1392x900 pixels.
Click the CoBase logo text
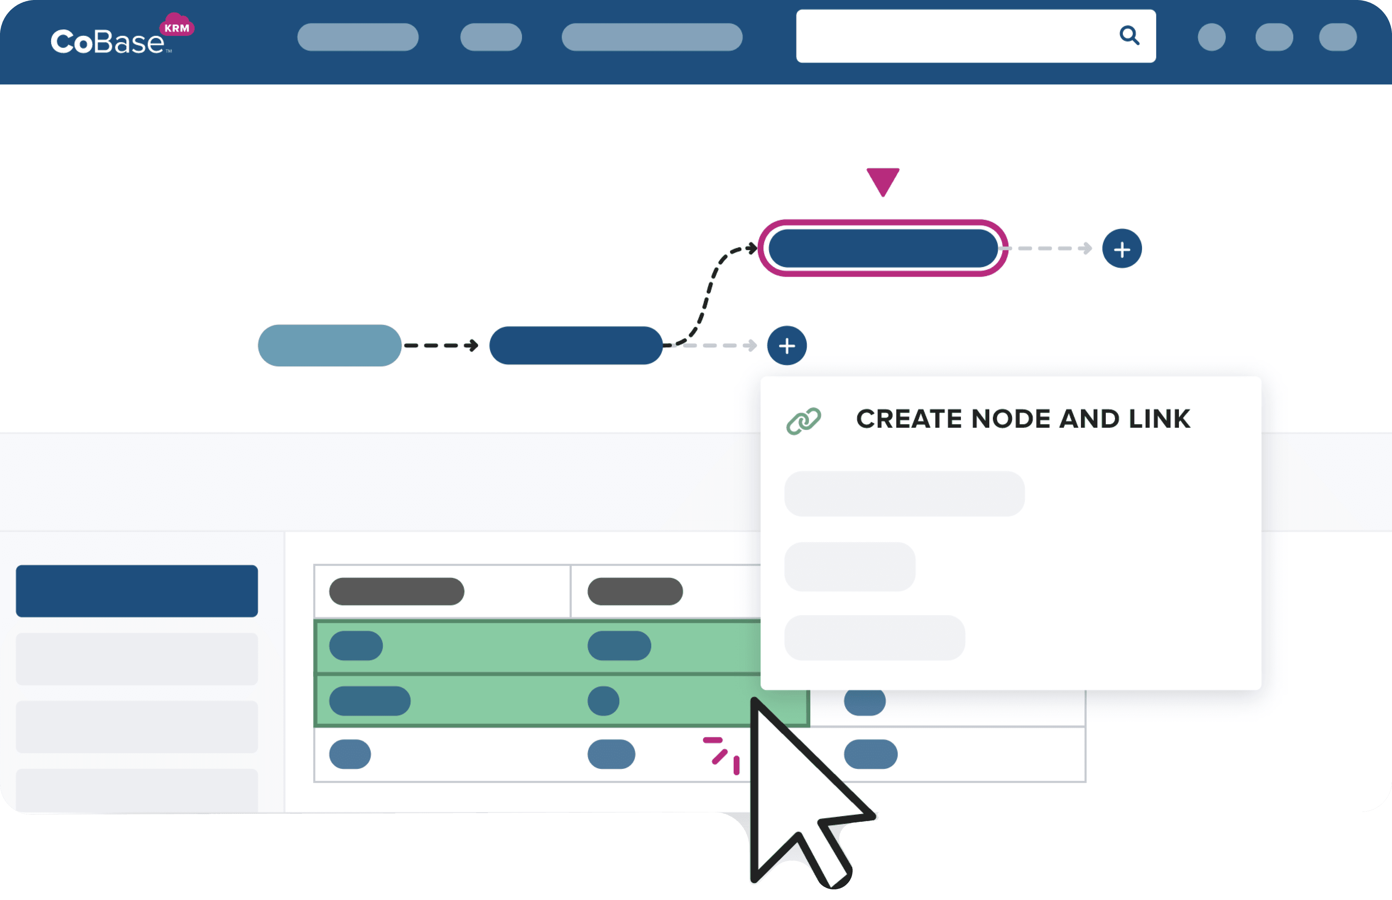[107, 42]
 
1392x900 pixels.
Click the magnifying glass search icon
[1129, 36]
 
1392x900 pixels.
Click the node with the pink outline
[883, 248]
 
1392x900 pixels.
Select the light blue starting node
[330, 345]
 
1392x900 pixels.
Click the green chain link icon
[803, 421]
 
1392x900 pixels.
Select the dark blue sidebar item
[137, 591]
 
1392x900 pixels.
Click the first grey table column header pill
[397, 591]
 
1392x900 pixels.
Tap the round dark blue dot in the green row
[603, 701]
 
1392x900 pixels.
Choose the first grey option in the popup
[904, 494]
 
